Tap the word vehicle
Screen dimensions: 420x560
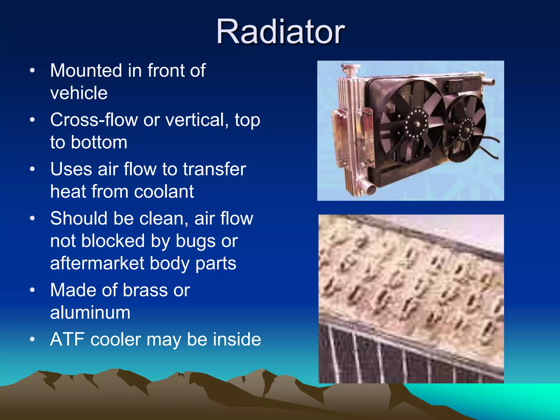(x=79, y=93)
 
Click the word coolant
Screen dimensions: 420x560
(x=164, y=191)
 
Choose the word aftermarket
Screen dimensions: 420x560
(x=97, y=263)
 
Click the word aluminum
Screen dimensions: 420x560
(x=90, y=313)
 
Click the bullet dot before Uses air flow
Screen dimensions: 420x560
(x=32, y=169)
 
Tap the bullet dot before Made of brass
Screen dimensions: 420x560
(x=32, y=290)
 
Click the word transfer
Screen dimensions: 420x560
(x=214, y=169)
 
